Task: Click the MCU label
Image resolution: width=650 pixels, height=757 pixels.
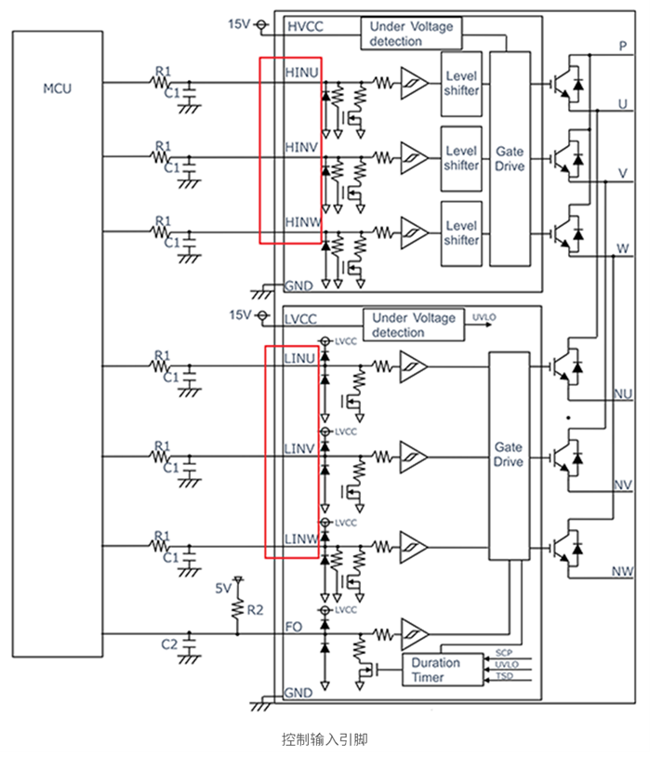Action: [57, 89]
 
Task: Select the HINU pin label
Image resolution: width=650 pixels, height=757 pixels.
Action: [301, 70]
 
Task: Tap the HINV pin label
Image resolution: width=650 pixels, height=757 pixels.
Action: [301, 146]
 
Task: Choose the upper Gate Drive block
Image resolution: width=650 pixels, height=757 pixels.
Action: [509, 158]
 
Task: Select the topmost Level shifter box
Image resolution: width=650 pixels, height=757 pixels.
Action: [460, 83]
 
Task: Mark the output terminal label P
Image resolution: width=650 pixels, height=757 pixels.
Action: [622, 46]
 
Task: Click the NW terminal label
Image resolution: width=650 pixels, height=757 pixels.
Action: [622, 569]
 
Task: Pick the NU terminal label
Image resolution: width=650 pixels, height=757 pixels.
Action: [623, 394]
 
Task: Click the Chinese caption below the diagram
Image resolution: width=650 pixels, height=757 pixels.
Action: [325, 739]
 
